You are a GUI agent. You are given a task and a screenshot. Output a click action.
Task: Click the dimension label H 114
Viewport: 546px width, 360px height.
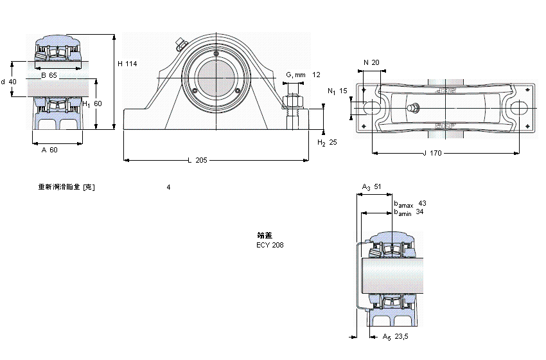[x=128, y=63]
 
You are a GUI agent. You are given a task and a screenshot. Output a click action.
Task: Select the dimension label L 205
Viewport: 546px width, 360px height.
[x=197, y=160]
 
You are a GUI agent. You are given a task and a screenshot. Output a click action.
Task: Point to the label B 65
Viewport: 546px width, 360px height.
[x=49, y=76]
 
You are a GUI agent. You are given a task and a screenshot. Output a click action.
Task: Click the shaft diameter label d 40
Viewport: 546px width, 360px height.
[x=8, y=82]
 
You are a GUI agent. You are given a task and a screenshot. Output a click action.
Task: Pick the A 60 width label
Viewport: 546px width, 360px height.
[x=49, y=150]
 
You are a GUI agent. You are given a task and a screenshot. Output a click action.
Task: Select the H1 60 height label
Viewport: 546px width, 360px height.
[x=93, y=104]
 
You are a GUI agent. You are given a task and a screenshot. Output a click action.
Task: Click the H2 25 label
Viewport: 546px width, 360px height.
[x=328, y=142]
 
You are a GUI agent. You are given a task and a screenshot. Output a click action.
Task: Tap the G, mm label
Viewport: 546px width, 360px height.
[x=295, y=75]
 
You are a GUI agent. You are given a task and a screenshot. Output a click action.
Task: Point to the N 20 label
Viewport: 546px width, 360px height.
[x=371, y=62]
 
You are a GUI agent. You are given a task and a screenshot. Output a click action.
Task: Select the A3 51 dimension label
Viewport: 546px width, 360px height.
[x=371, y=187]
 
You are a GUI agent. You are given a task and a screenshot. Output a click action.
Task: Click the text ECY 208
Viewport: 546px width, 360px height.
[x=270, y=245]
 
